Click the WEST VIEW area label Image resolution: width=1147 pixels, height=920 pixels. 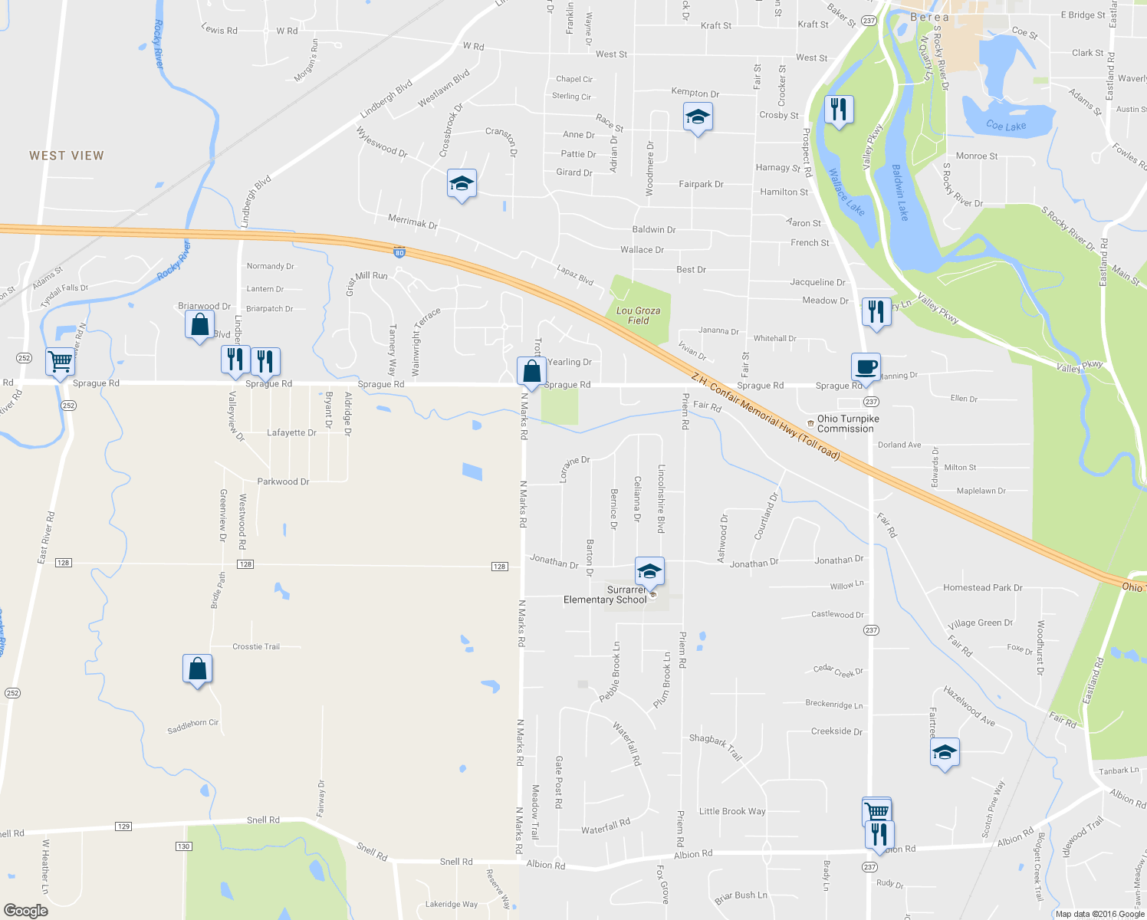click(x=67, y=156)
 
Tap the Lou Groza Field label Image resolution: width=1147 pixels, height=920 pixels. click(x=638, y=316)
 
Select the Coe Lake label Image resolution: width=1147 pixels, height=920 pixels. click(x=1006, y=126)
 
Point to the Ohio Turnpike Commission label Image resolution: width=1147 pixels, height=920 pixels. click(x=847, y=424)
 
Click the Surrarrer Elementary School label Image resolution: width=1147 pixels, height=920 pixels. click(x=606, y=595)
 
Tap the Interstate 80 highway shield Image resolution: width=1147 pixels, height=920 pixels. click(x=399, y=252)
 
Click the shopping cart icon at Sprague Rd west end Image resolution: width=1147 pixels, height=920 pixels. click(x=60, y=360)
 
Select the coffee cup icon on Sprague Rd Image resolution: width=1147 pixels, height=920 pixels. click(x=866, y=366)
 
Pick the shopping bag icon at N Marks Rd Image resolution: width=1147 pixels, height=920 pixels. click(x=531, y=371)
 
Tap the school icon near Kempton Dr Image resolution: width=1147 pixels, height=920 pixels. click(x=698, y=117)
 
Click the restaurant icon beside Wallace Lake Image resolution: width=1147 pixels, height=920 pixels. click(x=839, y=109)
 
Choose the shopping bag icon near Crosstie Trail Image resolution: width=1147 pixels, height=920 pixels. click(x=197, y=669)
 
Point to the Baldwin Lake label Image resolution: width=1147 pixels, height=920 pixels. click(x=900, y=192)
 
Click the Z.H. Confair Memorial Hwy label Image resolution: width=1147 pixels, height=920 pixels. click(x=765, y=417)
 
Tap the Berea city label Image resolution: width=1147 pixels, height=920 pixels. click(x=929, y=17)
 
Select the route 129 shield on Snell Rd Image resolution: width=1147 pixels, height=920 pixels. click(x=123, y=826)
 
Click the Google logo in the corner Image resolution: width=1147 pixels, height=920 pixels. click(x=25, y=910)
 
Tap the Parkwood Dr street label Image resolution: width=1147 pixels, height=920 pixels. click(x=283, y=481)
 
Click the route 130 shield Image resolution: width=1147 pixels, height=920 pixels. click(x=183, y=846)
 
